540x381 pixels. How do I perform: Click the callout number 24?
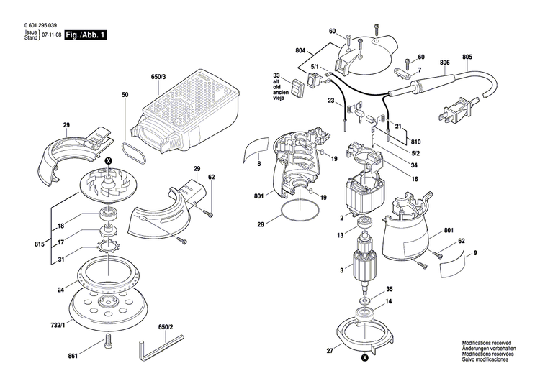(61, 290)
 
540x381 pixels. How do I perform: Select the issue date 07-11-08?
(50, 35)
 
